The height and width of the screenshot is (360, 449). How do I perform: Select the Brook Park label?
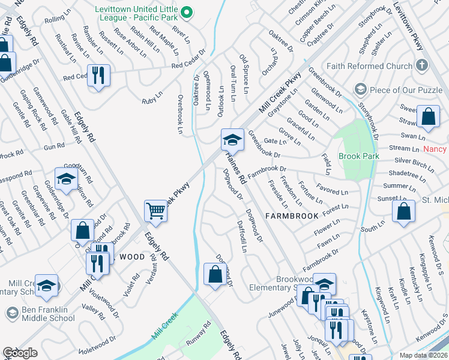[359, 156]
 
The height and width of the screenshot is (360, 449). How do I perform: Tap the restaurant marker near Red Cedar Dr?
[98, 76]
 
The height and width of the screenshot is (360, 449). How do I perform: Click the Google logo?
[20, 353]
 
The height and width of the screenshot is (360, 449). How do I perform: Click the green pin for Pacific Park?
[187, 12]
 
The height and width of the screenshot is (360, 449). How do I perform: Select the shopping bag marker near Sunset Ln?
[403, 211]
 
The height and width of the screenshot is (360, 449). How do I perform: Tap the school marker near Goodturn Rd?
[66, 179]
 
